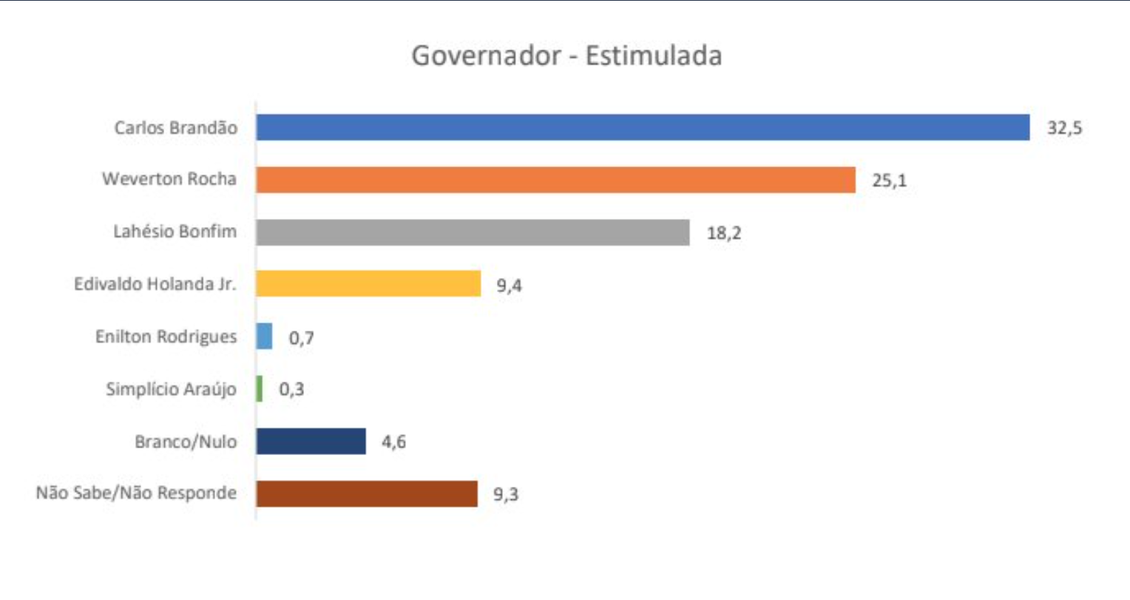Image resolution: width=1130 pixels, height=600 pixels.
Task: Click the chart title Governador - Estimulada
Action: [566, 56]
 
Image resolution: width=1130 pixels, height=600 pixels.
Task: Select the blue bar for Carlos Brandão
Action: [643, 127]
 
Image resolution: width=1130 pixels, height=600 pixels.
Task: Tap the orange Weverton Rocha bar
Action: [555, 180]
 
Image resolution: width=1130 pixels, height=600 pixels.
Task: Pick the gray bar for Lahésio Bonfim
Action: [473, 232]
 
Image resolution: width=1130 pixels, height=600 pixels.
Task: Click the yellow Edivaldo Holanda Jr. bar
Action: [368, 283]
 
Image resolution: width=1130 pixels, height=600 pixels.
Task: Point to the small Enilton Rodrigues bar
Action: [264, 337]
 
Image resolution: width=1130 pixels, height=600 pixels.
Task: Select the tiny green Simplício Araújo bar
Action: [260, 389]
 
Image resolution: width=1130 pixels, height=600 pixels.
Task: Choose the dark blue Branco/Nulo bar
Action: [311, 442]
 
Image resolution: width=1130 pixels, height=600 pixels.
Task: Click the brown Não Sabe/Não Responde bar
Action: [367, 493]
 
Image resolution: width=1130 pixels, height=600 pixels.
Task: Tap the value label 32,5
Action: [1064, 128]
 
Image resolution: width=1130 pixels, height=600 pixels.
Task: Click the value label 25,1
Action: [889, 181]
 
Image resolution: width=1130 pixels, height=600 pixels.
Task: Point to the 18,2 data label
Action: [723, 233]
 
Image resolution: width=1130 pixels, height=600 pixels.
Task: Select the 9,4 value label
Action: [509, 286]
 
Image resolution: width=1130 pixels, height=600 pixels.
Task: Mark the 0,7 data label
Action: [301, 338]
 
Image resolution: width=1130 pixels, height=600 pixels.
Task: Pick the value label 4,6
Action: [393, 442]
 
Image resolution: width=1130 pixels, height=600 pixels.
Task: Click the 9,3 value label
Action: [506, 494]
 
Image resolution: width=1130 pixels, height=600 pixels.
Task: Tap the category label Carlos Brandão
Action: [175, 128]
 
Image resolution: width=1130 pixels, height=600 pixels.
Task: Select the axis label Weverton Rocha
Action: [169, 179]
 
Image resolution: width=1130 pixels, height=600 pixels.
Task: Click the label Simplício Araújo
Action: [171, 389]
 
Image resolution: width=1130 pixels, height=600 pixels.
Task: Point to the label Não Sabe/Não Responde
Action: [136, 493]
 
